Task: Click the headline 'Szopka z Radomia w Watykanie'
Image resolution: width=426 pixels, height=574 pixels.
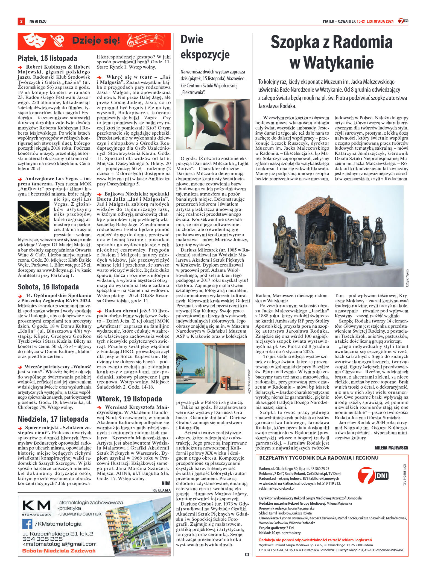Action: pyautogui.click(x=331, y=52)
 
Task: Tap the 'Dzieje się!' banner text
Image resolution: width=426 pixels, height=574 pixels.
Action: pyautogui.click(x=96, y=41)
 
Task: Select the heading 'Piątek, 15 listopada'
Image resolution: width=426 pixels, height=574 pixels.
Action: pyautogui.click(x=47, y=58)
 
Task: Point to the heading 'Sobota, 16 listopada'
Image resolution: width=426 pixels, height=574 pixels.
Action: pyautogui.click(x=48, y=287)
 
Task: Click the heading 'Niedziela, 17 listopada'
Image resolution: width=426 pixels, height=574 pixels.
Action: pyautogui.click(x=53, y=419)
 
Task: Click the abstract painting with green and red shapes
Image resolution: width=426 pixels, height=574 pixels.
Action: pyautogui.click(x=213, y=124)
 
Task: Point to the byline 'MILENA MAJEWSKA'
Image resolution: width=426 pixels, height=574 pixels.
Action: pyautogui.click(x=391, y=448)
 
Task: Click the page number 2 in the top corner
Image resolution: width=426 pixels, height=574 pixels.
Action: pyautogui.click(x=21, y=21)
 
